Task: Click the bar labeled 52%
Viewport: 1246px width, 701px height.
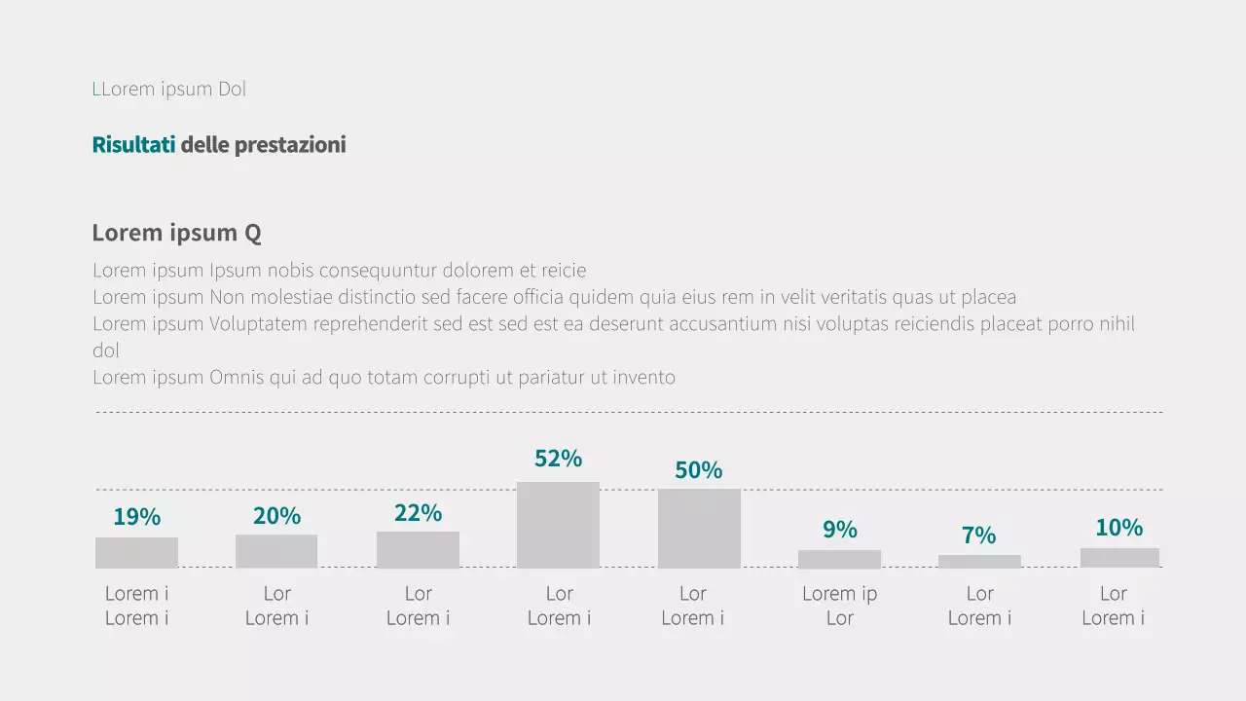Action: [558, 525]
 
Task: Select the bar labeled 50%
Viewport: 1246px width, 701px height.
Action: [699, 529]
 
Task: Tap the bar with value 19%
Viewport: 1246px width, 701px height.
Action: [136, 552]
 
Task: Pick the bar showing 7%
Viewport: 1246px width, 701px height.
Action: [979, 562]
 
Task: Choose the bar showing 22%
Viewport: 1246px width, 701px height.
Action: [418, 549]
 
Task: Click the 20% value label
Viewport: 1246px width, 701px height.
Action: [276, 516]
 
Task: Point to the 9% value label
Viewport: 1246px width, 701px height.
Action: [839, 530]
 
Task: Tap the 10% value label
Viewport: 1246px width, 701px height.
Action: [1118, 528]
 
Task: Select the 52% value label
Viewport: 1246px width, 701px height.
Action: [558, 459]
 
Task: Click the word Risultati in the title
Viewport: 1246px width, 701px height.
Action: [133, 145]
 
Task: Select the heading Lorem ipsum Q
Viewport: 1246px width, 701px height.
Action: [176, 233]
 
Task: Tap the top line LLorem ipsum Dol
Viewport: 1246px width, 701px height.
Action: [169, 89]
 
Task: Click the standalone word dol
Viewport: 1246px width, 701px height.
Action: [106, 350]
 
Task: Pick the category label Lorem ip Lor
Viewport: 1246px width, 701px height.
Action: [839, 606]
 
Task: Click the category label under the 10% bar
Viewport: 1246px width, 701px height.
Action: [1113, 606]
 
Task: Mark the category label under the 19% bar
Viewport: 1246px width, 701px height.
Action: [136, 606]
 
